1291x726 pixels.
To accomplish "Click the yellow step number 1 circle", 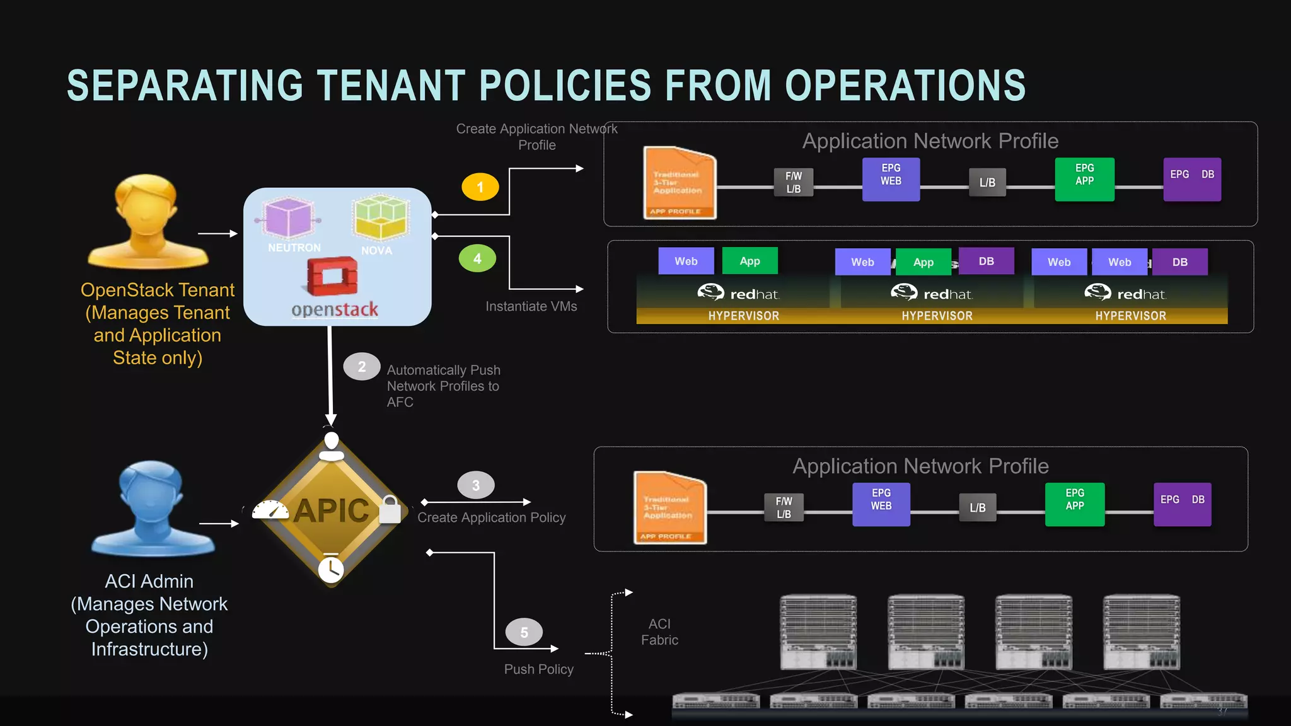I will pyautogui.click(x=480, y=187).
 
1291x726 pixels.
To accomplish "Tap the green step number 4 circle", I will pyautogui.click(x=477, y=258).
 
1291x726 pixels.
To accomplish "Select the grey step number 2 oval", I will pyautogui.click(x=362, y=367).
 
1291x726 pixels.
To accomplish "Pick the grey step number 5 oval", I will pyautogui.click(x=524, y=632).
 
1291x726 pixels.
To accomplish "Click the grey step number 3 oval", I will pyautogui.click(x=476, y=485).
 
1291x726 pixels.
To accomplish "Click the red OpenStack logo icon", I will pyautogui.click(x=332, y=276).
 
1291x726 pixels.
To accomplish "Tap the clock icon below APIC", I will pyautogui.click(x=331, y=569).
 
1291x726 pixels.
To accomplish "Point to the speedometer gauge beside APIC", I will pyautogui.click(x=270, y=510).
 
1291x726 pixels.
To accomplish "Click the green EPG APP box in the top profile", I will pyautogui.click(x=1084, y=180).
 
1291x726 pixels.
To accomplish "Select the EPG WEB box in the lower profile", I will pyautogui.click(x=881, y=504).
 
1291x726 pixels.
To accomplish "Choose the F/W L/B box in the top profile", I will pyautogui.click(x=794, y=182).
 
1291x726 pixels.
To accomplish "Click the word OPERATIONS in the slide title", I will pyautogui.click(x=905, y=86).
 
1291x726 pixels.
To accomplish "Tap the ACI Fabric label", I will pyautogui.click(x=659, y=631).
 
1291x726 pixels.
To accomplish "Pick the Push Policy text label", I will pyautogui.click(x=538, y=669).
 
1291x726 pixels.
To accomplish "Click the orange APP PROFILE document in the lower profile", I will pyautogui.click(x=669, y=508).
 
